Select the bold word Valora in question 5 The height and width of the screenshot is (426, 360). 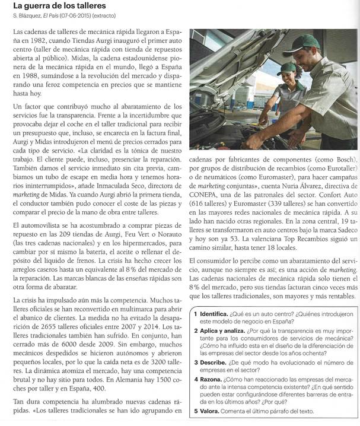click(x=211, y=412)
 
